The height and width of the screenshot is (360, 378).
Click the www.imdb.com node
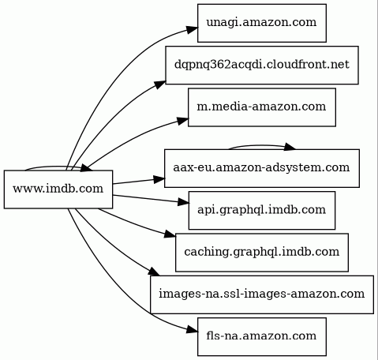(x=58, y=189)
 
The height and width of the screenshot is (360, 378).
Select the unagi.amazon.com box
(x=262, y=23)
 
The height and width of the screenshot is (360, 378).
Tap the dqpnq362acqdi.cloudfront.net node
(x=262, y=65)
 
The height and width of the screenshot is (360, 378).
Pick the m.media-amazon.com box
(x=262, y=107)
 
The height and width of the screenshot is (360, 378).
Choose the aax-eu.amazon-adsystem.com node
(x=262, y=168)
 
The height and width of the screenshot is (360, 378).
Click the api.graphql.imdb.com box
(x=262, y=210)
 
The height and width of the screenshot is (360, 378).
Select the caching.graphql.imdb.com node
(x=262, y=253)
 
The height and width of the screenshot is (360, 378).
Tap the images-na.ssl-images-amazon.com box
(x=262, y=294)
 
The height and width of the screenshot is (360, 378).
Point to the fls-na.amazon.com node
(x=262, y=336)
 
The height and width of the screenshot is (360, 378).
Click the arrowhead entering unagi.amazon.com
(x=193, y=29)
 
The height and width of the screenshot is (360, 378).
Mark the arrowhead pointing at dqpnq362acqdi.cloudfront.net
(x=160, y=84)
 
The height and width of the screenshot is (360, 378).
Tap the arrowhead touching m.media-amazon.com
(x=183, y=121)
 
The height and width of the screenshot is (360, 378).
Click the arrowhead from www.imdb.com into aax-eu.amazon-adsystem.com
(x=159, y=179)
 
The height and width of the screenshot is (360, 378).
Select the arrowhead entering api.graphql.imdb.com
(x=184, y=202)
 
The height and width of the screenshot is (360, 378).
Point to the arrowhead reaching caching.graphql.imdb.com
(x=170, y=234)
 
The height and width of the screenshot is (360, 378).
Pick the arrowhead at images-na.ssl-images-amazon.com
(x=155, y=272)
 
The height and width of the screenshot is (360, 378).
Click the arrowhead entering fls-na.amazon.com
(x=193, y=331)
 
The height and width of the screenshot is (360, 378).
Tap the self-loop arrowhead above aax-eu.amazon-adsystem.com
(x=290, y=147)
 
